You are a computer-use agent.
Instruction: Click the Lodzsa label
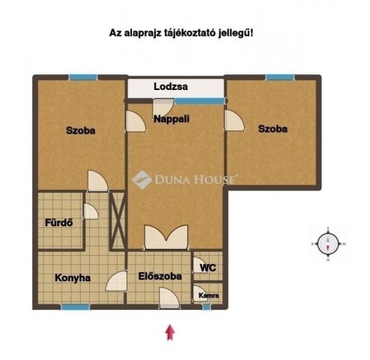[x=171, y=87]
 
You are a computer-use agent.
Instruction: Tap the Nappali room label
[x=171, y=118]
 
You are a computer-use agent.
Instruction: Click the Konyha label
[x=73, y=277]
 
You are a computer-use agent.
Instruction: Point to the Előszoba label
[x=160, y=276]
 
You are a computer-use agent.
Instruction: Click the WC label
[x=207, y=266]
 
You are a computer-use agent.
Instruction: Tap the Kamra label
[x=209, y=295]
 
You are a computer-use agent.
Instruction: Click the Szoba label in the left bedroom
[x=79, y=130]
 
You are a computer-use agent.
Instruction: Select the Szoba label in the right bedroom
[x=273, y=129]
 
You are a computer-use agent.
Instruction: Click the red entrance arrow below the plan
[x=171, y=331]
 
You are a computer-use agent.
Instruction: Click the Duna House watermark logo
[x=184, y=179]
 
